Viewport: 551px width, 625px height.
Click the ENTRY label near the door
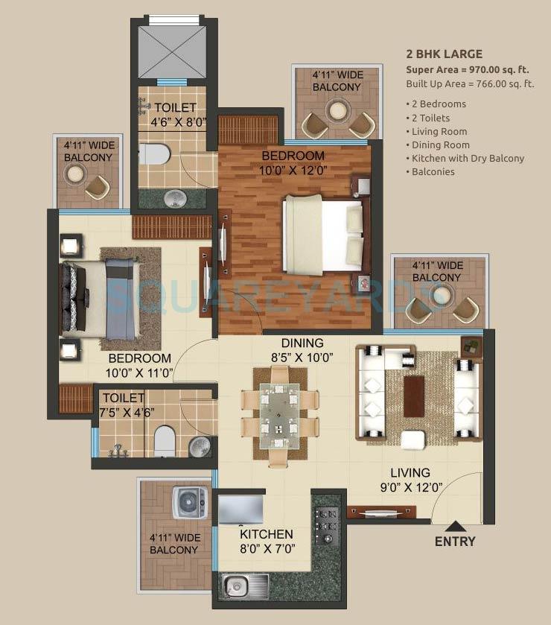click(x=454, y=542)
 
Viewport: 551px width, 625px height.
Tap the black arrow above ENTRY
click(x=455, y=525)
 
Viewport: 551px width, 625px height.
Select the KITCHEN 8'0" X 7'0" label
click(x=266, y=542)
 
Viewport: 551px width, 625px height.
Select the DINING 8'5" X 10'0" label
click(x=302, y=350)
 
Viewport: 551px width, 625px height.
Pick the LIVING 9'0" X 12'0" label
click(x=410, y=480)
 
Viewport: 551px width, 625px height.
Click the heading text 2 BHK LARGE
click(x=444, y=54)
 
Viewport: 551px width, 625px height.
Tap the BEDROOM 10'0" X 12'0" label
click(x=293, y=162)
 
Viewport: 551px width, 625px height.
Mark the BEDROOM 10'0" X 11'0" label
click(x=138, y=365)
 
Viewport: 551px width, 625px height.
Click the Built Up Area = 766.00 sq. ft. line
click(x=469, y=83)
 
